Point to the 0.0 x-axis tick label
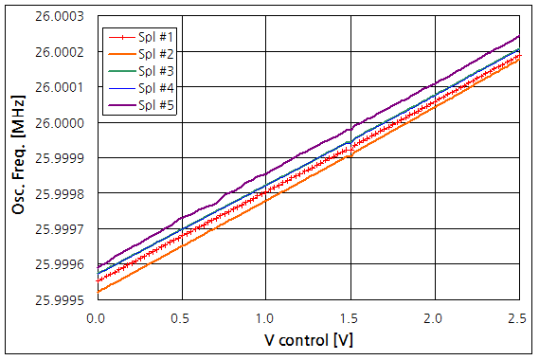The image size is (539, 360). [95, 316]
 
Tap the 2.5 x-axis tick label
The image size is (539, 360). [518, 316]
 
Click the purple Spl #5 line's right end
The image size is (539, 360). [519, 36]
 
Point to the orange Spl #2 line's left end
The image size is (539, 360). [96, 291]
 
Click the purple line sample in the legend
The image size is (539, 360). [118, 104]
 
